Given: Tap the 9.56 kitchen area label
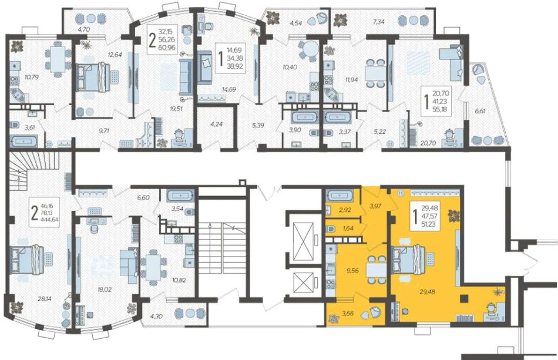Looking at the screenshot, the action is (x=352, y=270).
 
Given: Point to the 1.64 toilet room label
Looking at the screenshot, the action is (x=348, y=228).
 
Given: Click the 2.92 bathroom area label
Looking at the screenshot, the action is (x=345, y=210).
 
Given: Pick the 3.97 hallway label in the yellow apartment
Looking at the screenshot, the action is (x=375, y=206).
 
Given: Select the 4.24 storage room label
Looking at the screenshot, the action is (x=216, y=125).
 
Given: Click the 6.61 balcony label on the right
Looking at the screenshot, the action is (x=480, y=110).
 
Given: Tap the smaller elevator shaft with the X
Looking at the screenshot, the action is (x=302, y=283).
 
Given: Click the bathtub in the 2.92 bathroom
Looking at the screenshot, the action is (x=339, y=196).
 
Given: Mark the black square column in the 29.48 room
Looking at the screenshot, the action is (x=463, y=298).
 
